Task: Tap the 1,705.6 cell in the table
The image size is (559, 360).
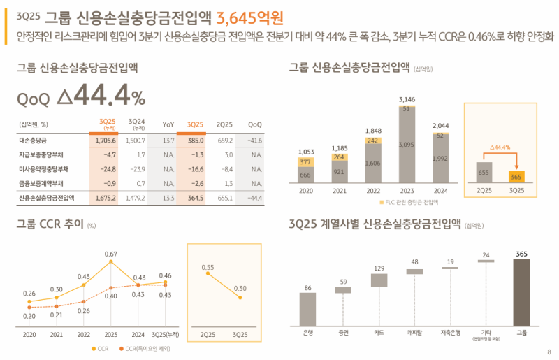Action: coord(105,141)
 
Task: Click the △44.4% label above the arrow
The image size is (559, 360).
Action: coord(499,147)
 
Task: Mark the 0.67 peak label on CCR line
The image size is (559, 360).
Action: coord(110,254)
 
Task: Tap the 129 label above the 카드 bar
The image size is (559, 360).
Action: coord(379,268)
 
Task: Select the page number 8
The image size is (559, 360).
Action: coord(549,352)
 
